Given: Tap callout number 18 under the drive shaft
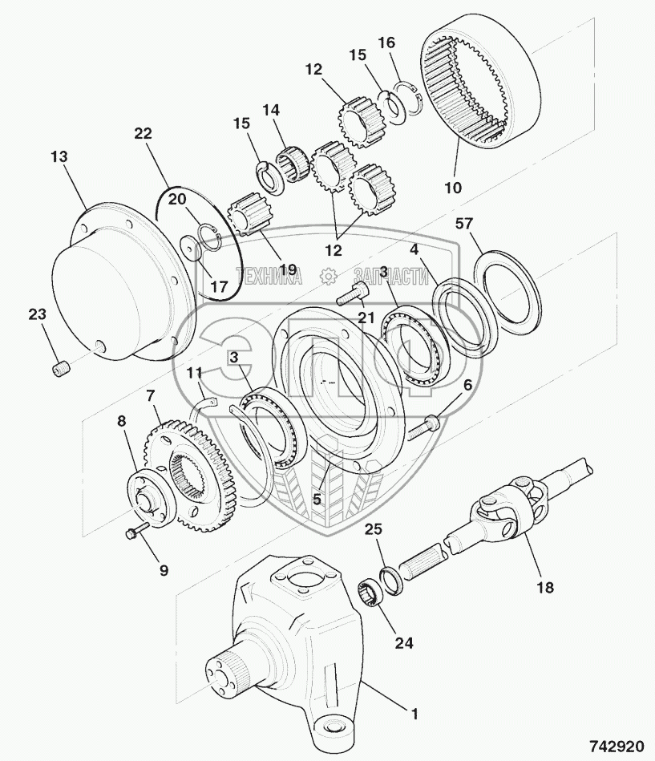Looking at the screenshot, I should click(x=544, y=587).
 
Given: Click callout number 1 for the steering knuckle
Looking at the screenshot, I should click(x=414, y=710).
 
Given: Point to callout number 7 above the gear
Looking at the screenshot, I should click(x=150, y=395).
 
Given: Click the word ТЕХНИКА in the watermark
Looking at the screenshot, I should click(x=269, y=277).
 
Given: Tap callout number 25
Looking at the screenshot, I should click(x=373, y=529).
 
